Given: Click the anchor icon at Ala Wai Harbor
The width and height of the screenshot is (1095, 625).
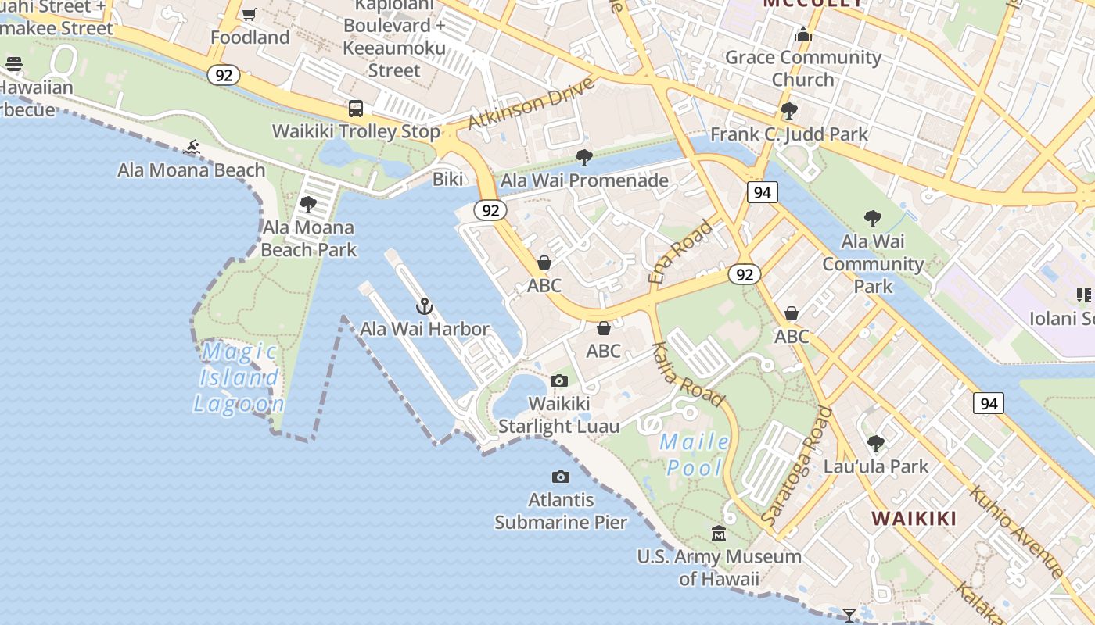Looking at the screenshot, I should (x=425, y=306).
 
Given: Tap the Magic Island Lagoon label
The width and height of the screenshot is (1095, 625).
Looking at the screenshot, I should (x=239, y=378).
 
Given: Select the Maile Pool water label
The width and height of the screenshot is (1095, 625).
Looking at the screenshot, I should (x=695, y=455).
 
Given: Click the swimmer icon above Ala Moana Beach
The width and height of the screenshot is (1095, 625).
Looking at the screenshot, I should (x=192, y=147).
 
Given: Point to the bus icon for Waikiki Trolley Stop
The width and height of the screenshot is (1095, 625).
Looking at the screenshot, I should (x=356, y=109).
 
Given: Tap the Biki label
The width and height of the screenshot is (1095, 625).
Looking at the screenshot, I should (x=448, y=180).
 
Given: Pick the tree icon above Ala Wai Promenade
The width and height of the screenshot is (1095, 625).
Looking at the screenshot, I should (x=583, y=158).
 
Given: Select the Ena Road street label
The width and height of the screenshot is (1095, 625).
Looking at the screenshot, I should (x=680, y=252).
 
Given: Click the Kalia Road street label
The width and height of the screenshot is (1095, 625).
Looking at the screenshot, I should (x=688, y=373).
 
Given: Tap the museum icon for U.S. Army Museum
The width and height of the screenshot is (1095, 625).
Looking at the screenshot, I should (x=719, y=534).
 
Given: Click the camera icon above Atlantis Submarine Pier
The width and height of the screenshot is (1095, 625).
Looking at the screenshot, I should (x=561, y=477).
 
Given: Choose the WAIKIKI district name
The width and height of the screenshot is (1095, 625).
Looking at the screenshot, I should (x=914, y=519).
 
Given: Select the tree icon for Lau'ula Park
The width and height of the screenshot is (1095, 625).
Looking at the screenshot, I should (x=876, y=444).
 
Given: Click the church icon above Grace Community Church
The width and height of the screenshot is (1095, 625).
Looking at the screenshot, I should (x=803, y=34).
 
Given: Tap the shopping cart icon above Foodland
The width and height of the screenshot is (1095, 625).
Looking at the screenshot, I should (x=250, y=14).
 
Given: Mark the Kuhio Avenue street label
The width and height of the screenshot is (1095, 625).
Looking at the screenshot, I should (x=1016, y=532).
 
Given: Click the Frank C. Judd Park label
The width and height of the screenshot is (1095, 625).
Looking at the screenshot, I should (x=788, y=134).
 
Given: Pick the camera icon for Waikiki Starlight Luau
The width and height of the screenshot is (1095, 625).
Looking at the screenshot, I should (x=559, y=381).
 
